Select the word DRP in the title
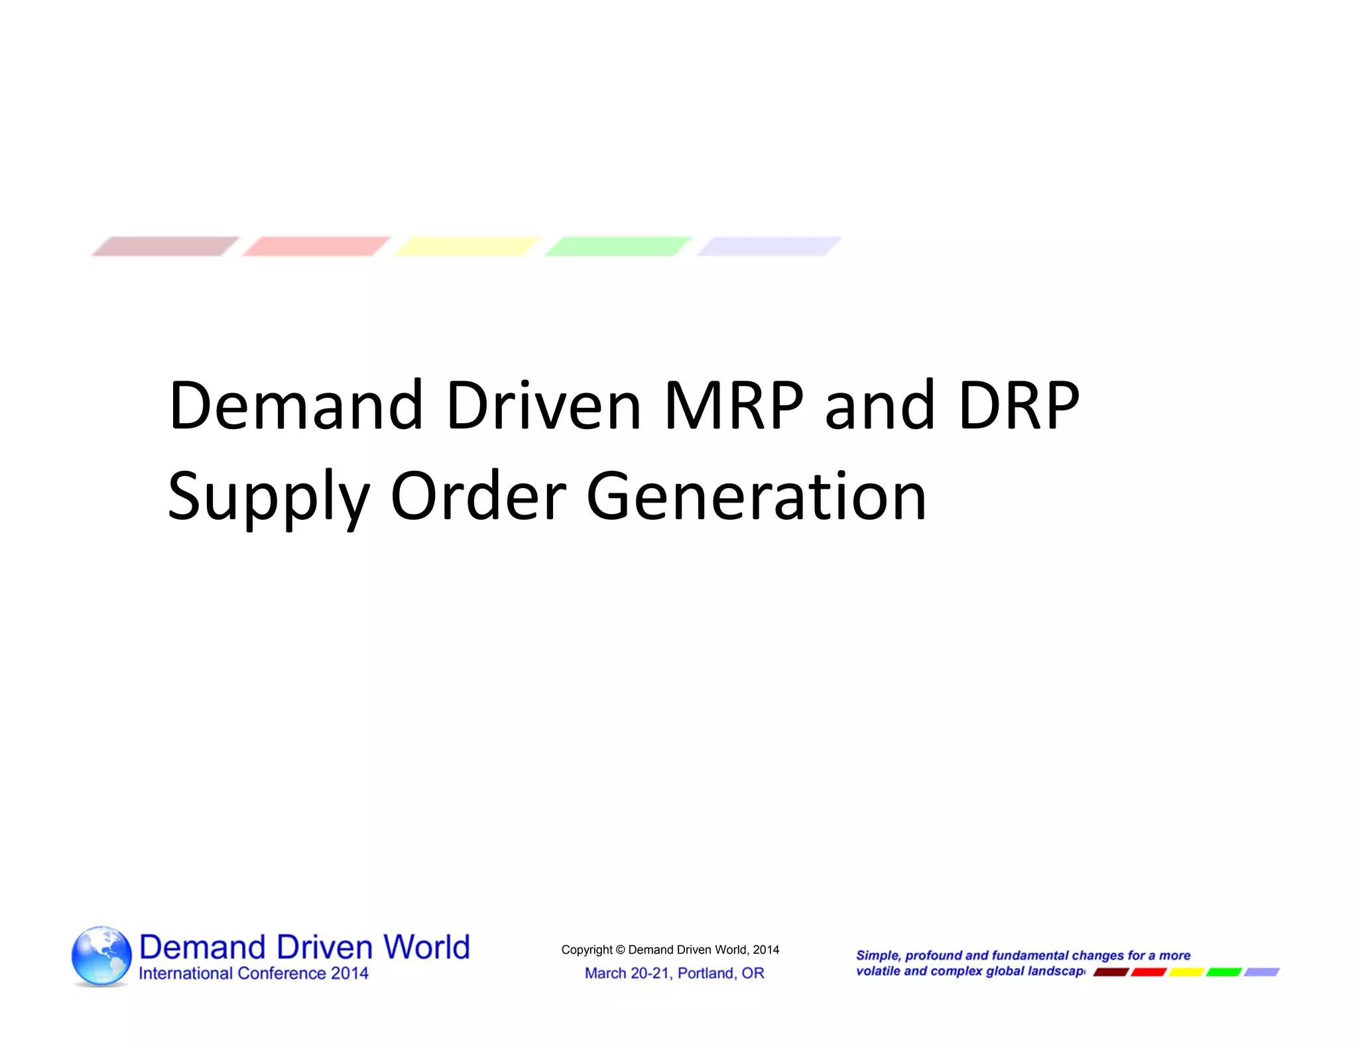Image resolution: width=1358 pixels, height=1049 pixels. click(1018, 406)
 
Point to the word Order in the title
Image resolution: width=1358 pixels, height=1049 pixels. click(478, 496)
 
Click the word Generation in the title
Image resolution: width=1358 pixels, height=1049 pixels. click(756, 496)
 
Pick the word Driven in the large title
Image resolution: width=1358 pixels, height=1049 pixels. click(543, 406)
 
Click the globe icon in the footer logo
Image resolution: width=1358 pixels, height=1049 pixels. click(101, 956)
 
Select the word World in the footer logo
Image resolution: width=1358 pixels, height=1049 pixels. click(427, 947)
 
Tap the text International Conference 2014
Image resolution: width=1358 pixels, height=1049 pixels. click(253, 973)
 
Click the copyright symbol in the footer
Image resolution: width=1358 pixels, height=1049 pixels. click(620, 950)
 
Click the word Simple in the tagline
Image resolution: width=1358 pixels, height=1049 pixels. click(878, 956)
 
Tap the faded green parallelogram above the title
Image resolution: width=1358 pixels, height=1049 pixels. click(618, 246)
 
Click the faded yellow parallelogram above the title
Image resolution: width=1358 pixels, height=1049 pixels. click(467, 246)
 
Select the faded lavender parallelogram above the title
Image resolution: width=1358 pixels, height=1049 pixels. click(769, 246)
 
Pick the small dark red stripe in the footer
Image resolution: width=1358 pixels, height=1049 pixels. click(1111, 972)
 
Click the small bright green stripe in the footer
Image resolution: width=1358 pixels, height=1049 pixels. click(1223, 972)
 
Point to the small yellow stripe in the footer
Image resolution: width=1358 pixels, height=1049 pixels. click(1186, 972)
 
